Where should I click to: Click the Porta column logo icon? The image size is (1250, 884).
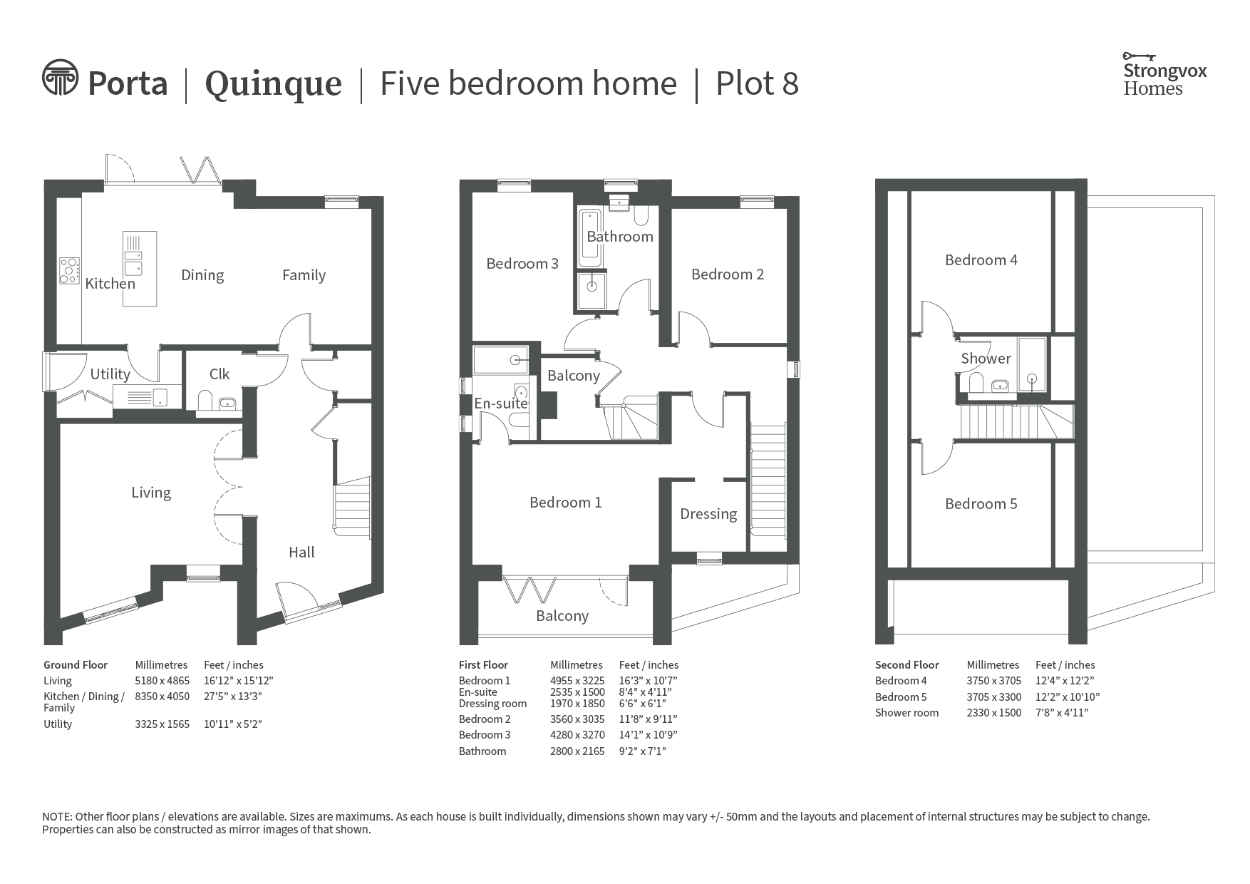click(60, 77)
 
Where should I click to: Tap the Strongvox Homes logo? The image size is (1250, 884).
click(1164, 74)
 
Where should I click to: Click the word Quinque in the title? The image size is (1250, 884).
click(274, 85)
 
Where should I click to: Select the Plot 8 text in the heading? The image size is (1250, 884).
click(757, 83)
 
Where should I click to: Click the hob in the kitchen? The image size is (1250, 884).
click(69, 270)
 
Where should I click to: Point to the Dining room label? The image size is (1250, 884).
click(202, 275)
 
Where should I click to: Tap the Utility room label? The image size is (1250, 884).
click(110, 374)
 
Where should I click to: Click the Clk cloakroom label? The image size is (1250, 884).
click(219, 374)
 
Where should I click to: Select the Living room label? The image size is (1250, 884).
click(151, 493)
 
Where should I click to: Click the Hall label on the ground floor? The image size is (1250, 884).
click(301, 552)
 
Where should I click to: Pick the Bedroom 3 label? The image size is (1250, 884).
click(522, 264)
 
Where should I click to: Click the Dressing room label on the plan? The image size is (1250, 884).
click(708, 514)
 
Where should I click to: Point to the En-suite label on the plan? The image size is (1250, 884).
click(501, 404)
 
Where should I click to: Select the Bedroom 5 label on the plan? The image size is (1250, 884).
click(981, 504)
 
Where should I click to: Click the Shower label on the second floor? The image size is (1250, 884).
click(986, 359)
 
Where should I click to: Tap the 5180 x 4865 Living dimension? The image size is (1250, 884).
click(162, 681)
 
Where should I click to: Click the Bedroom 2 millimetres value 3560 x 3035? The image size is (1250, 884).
click(577, 719)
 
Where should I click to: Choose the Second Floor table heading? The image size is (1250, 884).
click(907, 665)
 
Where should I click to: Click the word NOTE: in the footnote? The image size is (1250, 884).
click(57, 817)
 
